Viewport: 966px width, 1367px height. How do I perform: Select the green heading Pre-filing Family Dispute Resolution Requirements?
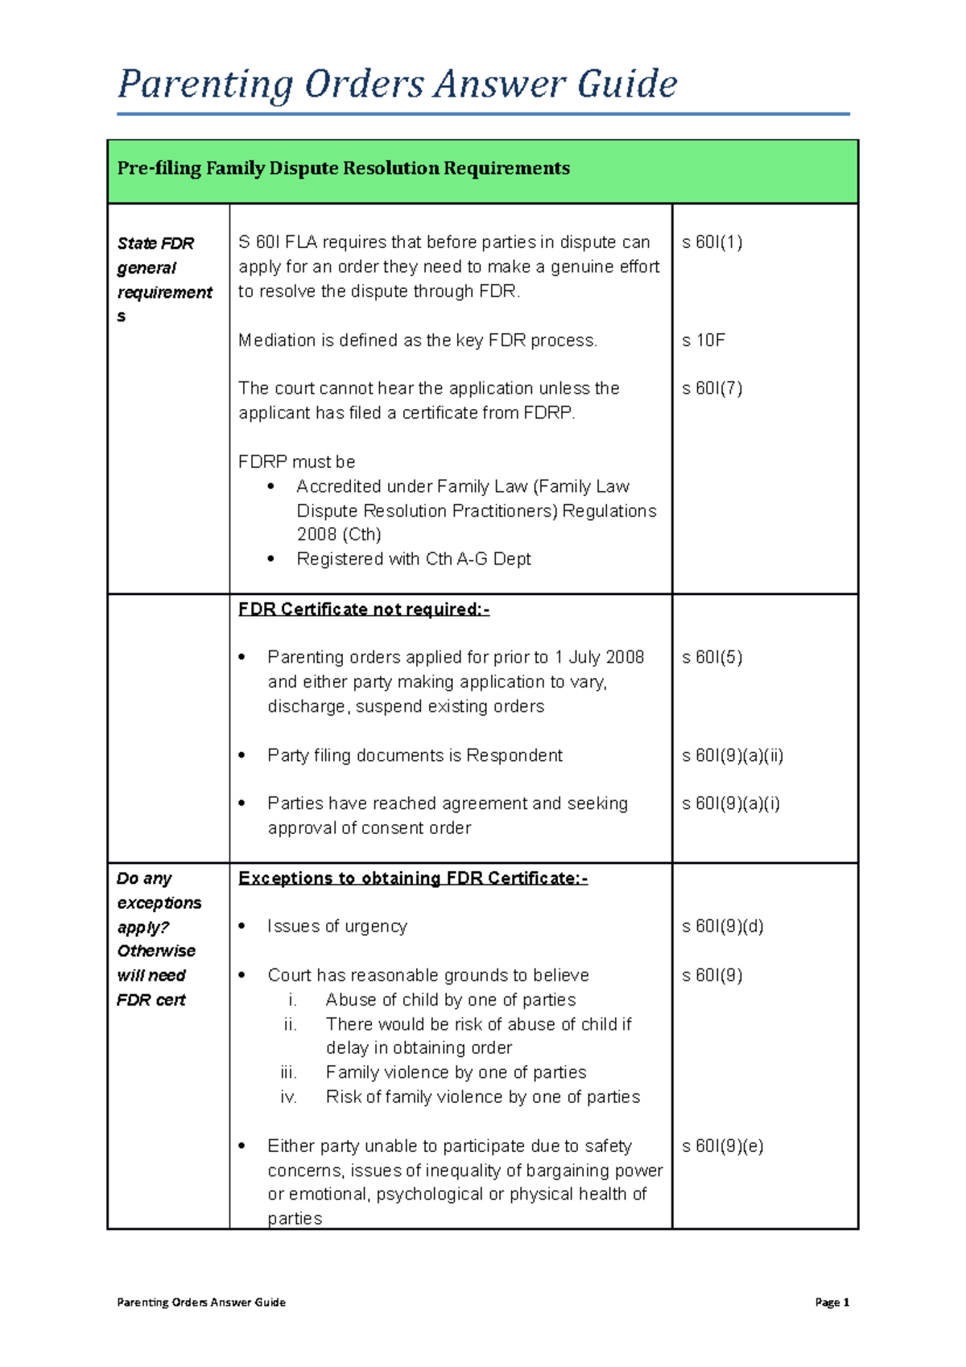pos(343,168)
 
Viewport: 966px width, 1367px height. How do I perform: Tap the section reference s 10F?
pos(703,341)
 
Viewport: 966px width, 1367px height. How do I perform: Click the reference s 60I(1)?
pos(712,242)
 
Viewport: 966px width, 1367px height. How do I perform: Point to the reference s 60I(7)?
pos(712,389)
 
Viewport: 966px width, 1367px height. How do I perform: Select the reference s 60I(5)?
pos(712,658)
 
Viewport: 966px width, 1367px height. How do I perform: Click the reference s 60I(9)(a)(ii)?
pos(732,756)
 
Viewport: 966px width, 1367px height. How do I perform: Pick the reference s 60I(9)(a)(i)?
pos(730,803)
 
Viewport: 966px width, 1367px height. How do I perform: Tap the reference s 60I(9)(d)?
pos(722,927)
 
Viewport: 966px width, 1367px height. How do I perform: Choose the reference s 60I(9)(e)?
pos(722,1146)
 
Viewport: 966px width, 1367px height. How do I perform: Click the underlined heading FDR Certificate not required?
pos(363,609)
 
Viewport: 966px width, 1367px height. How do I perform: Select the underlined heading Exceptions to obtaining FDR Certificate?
pos(412,878)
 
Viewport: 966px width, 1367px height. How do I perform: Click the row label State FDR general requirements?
pos(164,279)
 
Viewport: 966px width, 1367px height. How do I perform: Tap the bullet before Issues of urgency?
pos(242,927)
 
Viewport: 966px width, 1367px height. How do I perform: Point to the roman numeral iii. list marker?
pos(289,1073)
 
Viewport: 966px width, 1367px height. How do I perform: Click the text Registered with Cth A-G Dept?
pos(413,560)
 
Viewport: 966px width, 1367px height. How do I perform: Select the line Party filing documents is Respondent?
pos(415,756)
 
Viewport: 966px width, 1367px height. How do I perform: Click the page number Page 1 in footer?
pos(832,1303)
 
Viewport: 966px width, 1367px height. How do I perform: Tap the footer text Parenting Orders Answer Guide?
pos(201,1303)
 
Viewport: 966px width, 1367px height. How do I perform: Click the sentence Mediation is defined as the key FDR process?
pos(417,341)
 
